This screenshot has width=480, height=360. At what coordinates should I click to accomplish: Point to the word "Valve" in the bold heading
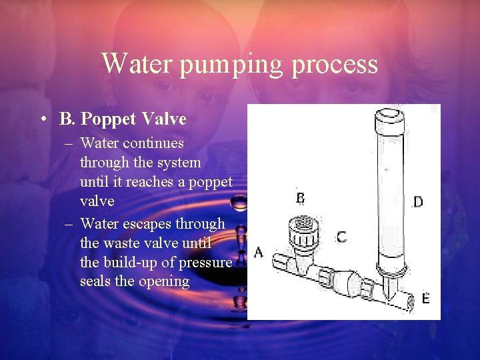click(x=164, y=119)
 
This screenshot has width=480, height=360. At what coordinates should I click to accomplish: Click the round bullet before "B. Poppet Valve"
click(x=43, y=120)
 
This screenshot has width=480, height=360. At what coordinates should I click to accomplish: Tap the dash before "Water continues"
click(x=69, y=143)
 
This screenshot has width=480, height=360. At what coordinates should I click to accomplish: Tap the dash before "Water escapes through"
click(x=69, y=225)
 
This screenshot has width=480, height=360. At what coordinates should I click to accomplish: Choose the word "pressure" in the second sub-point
click(x=206, y=262)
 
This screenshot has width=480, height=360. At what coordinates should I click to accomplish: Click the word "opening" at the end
click(x=163, y=281)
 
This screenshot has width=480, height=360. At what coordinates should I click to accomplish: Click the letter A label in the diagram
click(x=259, y=252)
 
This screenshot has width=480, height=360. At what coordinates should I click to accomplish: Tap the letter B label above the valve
click(x=301, y=198)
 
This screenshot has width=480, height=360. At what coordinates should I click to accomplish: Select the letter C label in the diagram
click(x=341, y=237)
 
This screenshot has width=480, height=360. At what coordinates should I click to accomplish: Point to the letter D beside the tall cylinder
click(x=417, y=201)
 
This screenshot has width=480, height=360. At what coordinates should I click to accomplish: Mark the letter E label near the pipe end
click(x=425, y=299)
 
